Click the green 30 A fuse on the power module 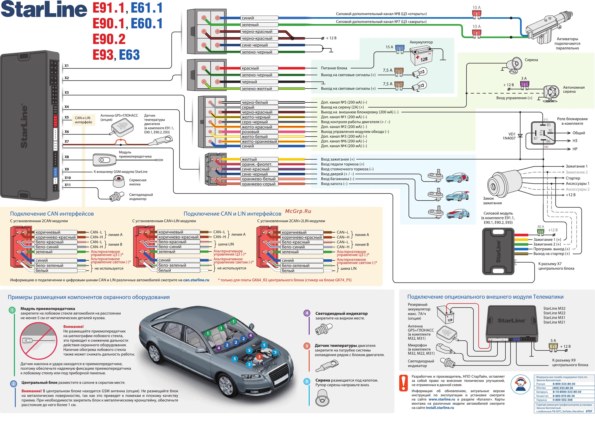click(540, 232)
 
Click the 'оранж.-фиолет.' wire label click(257, 164)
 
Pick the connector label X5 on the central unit click(67, 117)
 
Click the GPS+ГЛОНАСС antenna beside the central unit click(122, 128)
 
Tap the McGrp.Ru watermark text click(298, 211)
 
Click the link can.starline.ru click(196, 280)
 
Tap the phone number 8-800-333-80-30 click(564, 384)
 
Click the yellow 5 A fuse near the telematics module click(553, 347)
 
